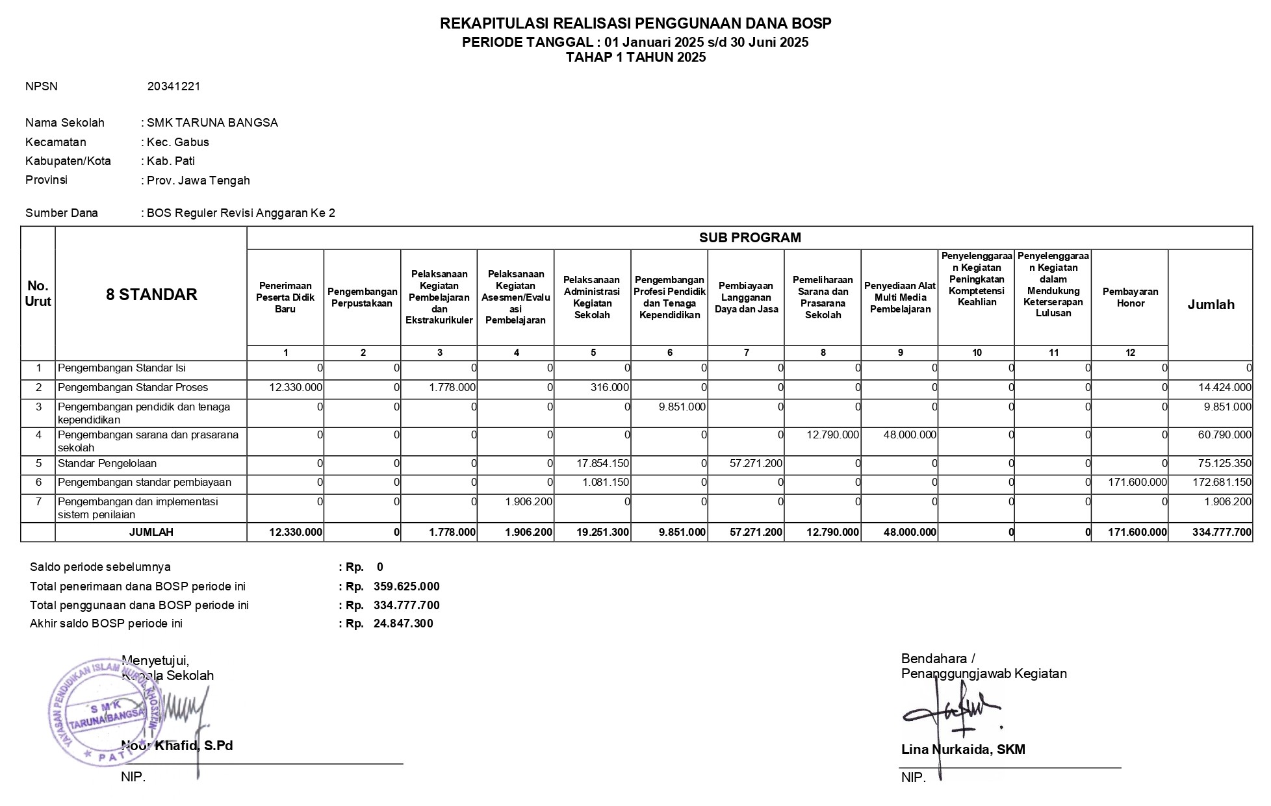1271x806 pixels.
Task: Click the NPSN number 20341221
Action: point(173,86)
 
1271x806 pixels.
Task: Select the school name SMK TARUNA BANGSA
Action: point(212,123)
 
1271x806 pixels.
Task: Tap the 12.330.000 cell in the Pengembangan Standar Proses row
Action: point(296,388)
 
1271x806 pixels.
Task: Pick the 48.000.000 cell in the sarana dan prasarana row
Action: point(910,435)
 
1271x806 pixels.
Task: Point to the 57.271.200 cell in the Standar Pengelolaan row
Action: point(756,464)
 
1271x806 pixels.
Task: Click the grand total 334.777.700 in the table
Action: point(1222,533)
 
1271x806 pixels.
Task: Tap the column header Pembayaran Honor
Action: point(1130,297)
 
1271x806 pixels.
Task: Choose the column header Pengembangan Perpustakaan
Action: point(362,297)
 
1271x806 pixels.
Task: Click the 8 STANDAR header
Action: point(151,295)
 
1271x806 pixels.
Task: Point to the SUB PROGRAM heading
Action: point(750,238)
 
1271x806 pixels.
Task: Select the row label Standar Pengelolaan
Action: point(107,464)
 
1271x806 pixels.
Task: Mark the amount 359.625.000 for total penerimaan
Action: point(406,586)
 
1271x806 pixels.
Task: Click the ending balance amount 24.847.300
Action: point(403,623)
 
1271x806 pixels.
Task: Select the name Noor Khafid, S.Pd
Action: point(177,746)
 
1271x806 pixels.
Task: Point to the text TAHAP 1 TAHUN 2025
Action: point(635,57)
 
